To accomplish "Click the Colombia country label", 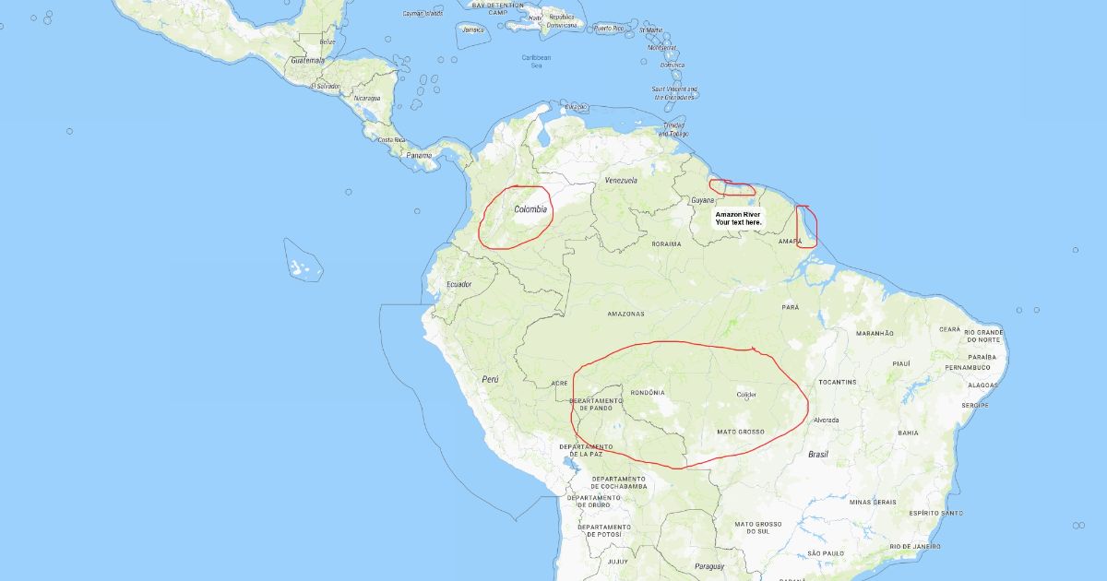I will coord(530,209).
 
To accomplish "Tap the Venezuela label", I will coord(621,181).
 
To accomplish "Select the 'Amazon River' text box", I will coord(738,218).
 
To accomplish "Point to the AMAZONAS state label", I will coord(625,314).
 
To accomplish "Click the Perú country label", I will coord(491,379).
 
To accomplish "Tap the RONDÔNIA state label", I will coord(648,392).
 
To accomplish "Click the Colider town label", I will coord(746,395).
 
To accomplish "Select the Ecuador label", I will coord(458,284).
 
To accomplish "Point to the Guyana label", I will coord(702,200).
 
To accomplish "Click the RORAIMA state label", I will coord(666,244).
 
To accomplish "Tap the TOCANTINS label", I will coord(838,382).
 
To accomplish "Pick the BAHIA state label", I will coord(908,433).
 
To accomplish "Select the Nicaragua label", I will coord(367,98).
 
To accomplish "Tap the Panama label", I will coord(419,155).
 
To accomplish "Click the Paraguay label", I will coord(709,565).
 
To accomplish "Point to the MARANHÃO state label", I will coord(875,333).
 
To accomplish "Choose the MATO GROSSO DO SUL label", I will coord(758,528).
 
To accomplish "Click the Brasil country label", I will coord(818,454).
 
